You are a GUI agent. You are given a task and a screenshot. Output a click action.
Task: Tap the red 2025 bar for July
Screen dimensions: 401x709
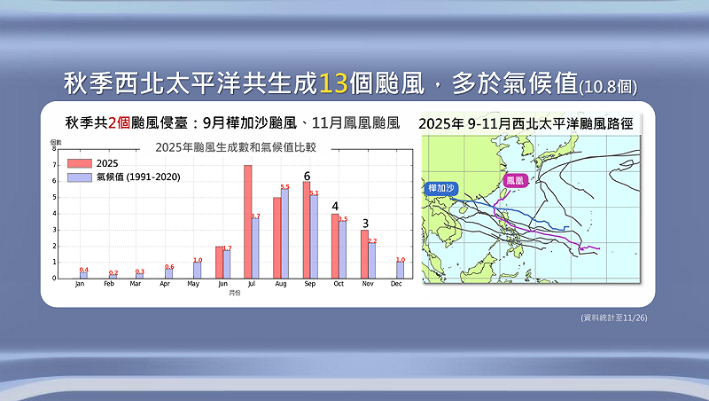248,222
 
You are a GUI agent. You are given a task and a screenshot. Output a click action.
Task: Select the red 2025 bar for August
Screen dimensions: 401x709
277,238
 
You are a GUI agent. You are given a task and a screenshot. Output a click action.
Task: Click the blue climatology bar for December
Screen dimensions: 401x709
401,270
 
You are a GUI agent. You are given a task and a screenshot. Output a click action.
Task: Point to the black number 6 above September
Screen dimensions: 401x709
308,176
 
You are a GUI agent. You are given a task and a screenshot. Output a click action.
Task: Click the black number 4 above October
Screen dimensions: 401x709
335,206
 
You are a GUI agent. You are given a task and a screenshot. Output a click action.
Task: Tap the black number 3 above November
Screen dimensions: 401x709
364,223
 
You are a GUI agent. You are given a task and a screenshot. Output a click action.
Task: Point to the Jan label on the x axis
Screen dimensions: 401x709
80,285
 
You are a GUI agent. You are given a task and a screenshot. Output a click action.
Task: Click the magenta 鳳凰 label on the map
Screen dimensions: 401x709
515,180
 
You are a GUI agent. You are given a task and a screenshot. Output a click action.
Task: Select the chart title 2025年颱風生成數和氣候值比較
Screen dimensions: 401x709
236,146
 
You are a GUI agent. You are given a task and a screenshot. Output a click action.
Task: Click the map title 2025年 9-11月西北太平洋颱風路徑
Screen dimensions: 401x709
526,123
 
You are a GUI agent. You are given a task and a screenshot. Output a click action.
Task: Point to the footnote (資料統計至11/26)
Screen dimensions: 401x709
613,318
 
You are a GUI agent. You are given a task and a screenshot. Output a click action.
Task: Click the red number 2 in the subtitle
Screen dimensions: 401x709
113,122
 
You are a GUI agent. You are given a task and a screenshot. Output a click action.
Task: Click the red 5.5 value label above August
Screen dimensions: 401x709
284,186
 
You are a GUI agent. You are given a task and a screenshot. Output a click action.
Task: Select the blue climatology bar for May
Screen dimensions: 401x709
197,270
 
